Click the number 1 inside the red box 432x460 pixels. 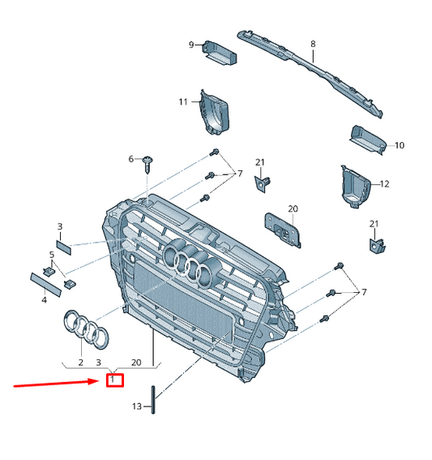pos(112,380)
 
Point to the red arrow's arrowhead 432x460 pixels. pos(96,381)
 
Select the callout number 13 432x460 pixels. pos(137,406)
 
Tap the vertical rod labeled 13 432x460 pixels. pos(153,400)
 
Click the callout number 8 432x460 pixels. pos(313,44)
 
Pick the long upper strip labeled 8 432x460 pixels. pos(310,73)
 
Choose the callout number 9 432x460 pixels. pos(191,45)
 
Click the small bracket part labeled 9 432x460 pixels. pos(220,53)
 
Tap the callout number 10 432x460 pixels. pos(400,145)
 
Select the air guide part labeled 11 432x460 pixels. pos(214,113)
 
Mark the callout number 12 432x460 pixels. pos(384,184)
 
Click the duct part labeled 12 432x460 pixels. pos(356,187)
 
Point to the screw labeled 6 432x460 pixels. pos(148,165)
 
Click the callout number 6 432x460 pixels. pos(131,159)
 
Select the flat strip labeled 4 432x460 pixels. pos(45,284)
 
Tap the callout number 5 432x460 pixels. pos(52,255)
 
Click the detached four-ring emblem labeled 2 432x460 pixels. pos(86,329)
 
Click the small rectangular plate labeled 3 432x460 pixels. pos(64,247)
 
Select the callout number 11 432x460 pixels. pos(183,101)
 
